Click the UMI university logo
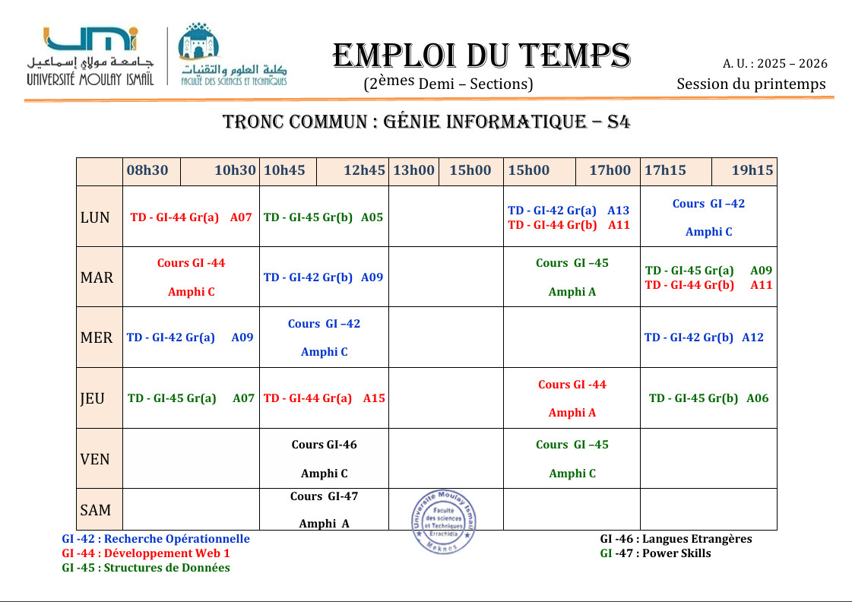(x=90, y=55)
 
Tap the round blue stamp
(x=445, y=521)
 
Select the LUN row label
(x=95, y=217)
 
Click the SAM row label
(x=96, y=510)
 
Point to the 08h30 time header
(x=147, y=170)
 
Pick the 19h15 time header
(x=752, y=170)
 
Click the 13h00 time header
(x=413, y=170)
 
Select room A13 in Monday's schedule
(x=618, y=210)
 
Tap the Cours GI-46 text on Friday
(x=324, y=445)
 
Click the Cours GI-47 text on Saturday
(x=324, y=496)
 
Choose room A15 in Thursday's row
(x=374, y=398)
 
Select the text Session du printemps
(x=751, y=84)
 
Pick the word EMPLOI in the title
(x=394, y=56)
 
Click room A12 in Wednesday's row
(x=752, y=337)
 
